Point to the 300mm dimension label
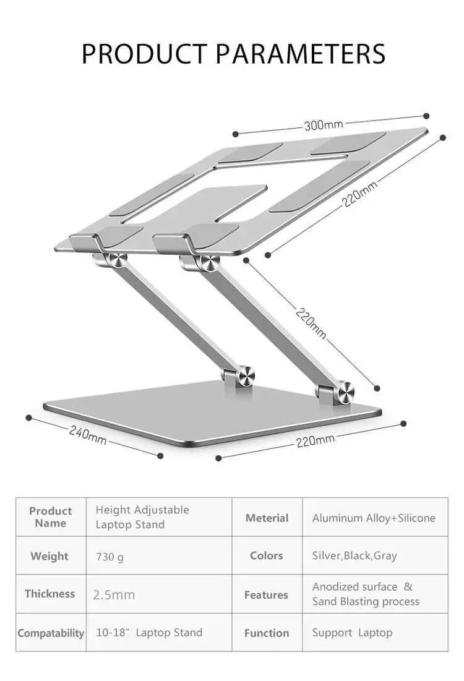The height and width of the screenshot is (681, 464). (323, 125)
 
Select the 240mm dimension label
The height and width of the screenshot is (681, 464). (88, 435)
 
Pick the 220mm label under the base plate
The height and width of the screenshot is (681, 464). (316, 440)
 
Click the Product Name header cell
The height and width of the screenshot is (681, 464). (50, 517)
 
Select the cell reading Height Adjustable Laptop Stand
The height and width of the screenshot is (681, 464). (142, 517)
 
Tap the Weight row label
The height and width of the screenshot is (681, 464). (49, 556)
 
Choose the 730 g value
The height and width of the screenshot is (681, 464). (110, 557)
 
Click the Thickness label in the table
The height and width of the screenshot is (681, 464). (49, 594)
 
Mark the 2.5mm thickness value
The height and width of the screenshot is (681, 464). (114, 595)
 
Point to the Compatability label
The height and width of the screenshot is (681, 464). (51, 633)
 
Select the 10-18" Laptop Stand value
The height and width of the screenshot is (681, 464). (149, 633)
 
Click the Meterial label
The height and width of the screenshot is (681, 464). (267, 518)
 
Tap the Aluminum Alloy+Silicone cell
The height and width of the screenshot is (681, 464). (374, 518)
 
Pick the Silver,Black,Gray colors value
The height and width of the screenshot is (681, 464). (354, 555)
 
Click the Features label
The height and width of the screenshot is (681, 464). (266, 595)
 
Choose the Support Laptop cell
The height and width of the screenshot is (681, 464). (352, 633)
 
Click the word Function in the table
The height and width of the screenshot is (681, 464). (267, 633)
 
